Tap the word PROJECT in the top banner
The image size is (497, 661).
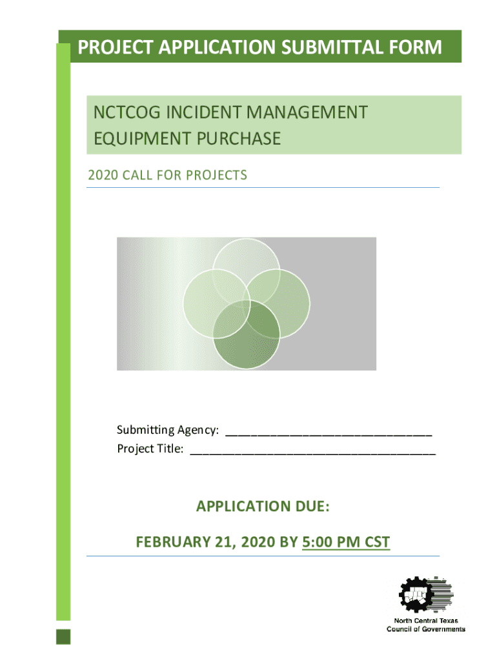click(x=116, y=46)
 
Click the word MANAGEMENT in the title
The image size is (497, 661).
click(x=307, y=112)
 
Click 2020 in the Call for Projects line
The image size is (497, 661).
click(x=103, y=175)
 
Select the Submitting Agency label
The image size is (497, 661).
click(x=168, y=430)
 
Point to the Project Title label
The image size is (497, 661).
click(x=150, y=449)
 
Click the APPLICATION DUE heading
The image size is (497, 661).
click(x=263, y=506)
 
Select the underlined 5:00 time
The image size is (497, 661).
click(x=317, y=542)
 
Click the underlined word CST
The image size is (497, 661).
click(x=377, y=542)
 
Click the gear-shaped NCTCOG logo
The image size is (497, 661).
click(x=426, y=595)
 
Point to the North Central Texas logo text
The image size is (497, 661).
click(x=426, y=625)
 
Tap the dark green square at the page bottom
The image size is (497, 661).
click(x=63, y=636)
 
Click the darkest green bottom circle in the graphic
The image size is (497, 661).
click(x=247, y=335)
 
